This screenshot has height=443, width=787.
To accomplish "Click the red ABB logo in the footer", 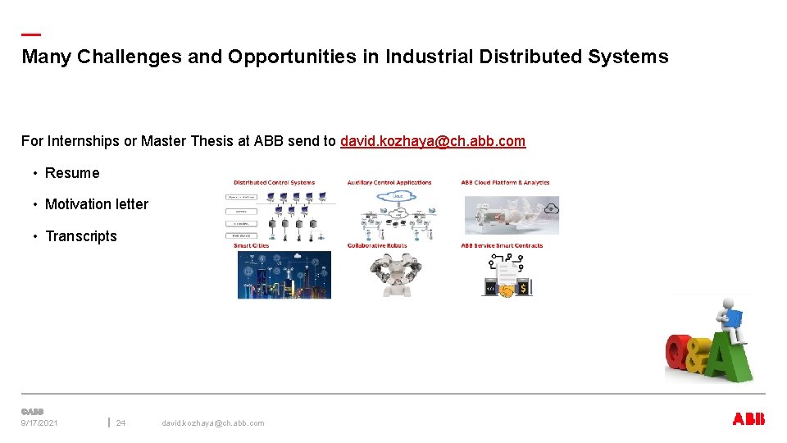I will (x=748, y=419).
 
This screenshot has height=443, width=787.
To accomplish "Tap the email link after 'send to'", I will (x=433, y=141).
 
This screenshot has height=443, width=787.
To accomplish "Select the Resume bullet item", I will (x=72, y=173).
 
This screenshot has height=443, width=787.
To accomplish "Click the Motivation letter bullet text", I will (x=97, y=204).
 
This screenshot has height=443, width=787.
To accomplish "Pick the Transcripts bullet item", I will (x=81, y=236).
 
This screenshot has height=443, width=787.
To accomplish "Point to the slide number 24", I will (x=121, y=423).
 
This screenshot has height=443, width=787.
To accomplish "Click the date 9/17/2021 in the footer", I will (x=39, y=423).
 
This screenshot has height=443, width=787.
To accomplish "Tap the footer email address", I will (x=213, y=423).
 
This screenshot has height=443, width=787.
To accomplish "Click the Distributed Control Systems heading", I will (x=274, y=183).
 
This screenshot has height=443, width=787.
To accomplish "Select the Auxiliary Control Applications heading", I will (x=389, y=183).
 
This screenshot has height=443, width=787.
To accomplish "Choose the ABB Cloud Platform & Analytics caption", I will (x=505, y=183).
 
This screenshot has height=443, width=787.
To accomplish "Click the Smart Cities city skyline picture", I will (x=284, y=275).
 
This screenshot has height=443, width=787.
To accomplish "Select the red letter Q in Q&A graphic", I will (x=679, y=354).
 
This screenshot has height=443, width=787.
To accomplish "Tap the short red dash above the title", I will (x=30, y=34).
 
